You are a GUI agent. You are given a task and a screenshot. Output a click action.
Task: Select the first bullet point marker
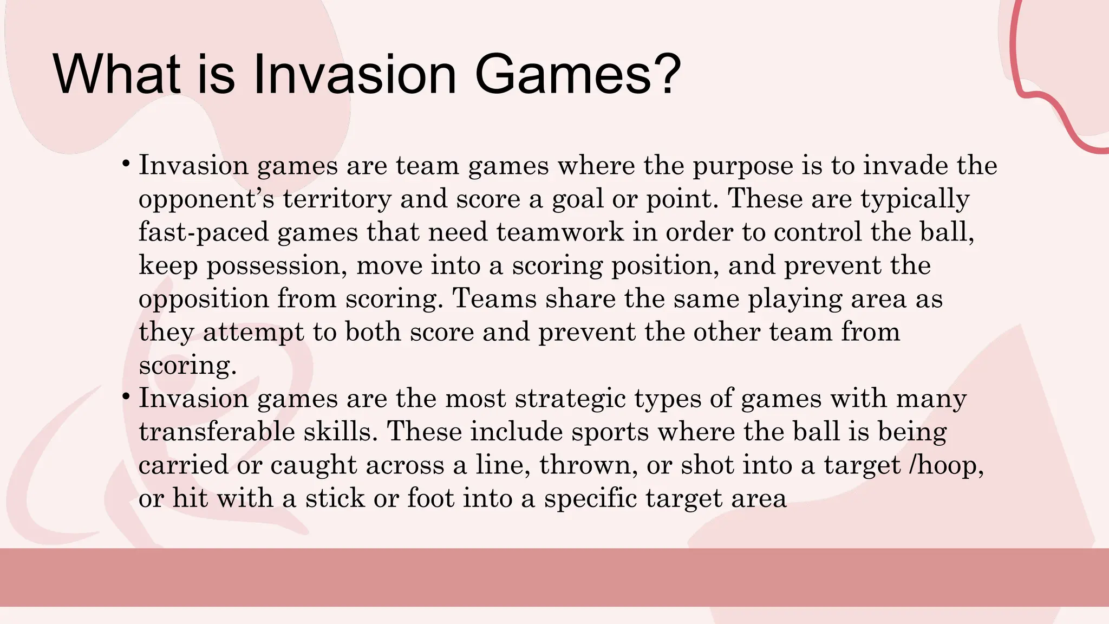(126, 163)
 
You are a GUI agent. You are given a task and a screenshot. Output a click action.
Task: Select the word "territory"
(337, 199)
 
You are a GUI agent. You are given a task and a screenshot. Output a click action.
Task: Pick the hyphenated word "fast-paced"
(204, 232)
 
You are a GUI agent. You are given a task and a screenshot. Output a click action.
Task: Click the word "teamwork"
(560, 232)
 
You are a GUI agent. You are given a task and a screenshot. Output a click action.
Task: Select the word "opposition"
(204, 299)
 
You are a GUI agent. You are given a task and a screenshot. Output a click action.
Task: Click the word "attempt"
(253, 332)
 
